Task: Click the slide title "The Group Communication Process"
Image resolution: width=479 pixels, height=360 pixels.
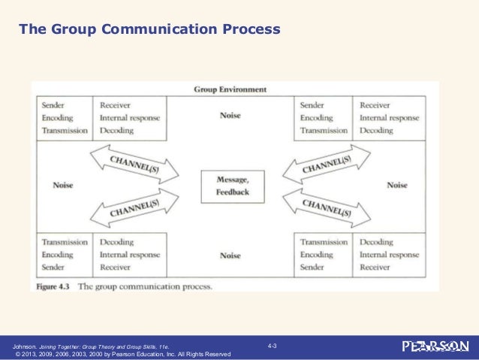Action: [149, 31]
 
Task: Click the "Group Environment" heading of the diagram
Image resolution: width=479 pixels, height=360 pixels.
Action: [230, 89]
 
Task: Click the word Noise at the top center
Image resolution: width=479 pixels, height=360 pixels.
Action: [230, 116]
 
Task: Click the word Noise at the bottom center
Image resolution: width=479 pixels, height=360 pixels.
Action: [230, 256]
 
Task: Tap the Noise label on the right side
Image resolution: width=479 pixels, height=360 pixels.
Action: [397, 185]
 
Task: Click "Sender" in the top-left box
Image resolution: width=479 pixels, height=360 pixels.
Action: [53, 106]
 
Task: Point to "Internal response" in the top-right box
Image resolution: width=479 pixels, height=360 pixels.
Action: [389, 118]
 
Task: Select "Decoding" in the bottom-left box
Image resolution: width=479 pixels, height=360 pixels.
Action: [116, 243]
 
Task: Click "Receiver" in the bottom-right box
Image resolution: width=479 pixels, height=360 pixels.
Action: [375, 267]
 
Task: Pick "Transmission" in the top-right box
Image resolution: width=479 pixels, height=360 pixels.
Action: [324, 130]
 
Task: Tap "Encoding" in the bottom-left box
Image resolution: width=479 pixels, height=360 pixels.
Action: [58, 255]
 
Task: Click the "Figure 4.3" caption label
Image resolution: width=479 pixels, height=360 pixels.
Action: [56, 286]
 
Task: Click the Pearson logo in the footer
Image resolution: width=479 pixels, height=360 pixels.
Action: [435, 347]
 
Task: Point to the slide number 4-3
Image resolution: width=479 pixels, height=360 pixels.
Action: [273, 345]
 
